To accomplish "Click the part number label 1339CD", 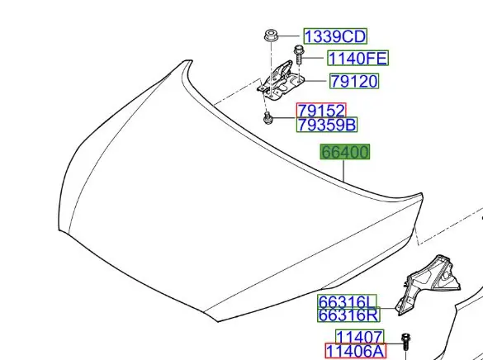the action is [335, 36].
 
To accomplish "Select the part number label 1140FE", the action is [358, 58].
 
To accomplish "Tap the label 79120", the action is [354, 81].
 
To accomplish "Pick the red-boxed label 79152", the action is [321, 111].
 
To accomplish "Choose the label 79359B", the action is [327, 125].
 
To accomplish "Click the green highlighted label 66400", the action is [344, 152].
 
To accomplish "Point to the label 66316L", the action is [347, 302].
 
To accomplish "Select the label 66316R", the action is [348, 315].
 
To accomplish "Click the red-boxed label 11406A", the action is [355, 351].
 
